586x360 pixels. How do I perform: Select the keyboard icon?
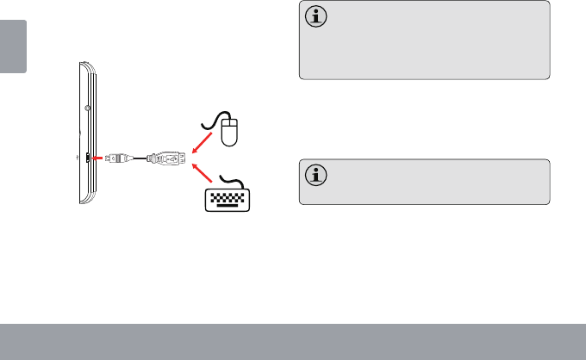[231, 198]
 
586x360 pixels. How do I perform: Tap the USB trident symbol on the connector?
[165, 158]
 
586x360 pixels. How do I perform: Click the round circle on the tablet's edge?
[90, 109]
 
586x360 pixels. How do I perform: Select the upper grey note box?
[424, 40]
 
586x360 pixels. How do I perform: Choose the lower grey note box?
[424, 181]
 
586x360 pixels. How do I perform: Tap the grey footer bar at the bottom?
[293, 342]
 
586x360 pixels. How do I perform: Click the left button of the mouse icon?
[226, 126]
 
